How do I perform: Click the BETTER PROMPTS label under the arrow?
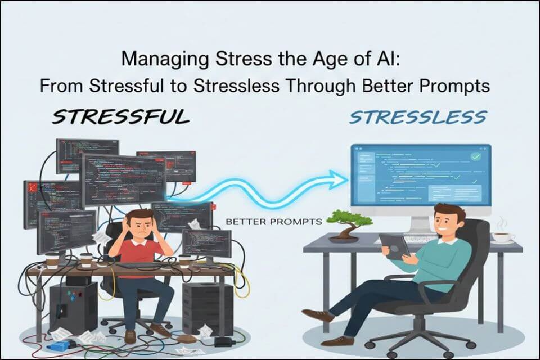(x=273, y=222)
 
